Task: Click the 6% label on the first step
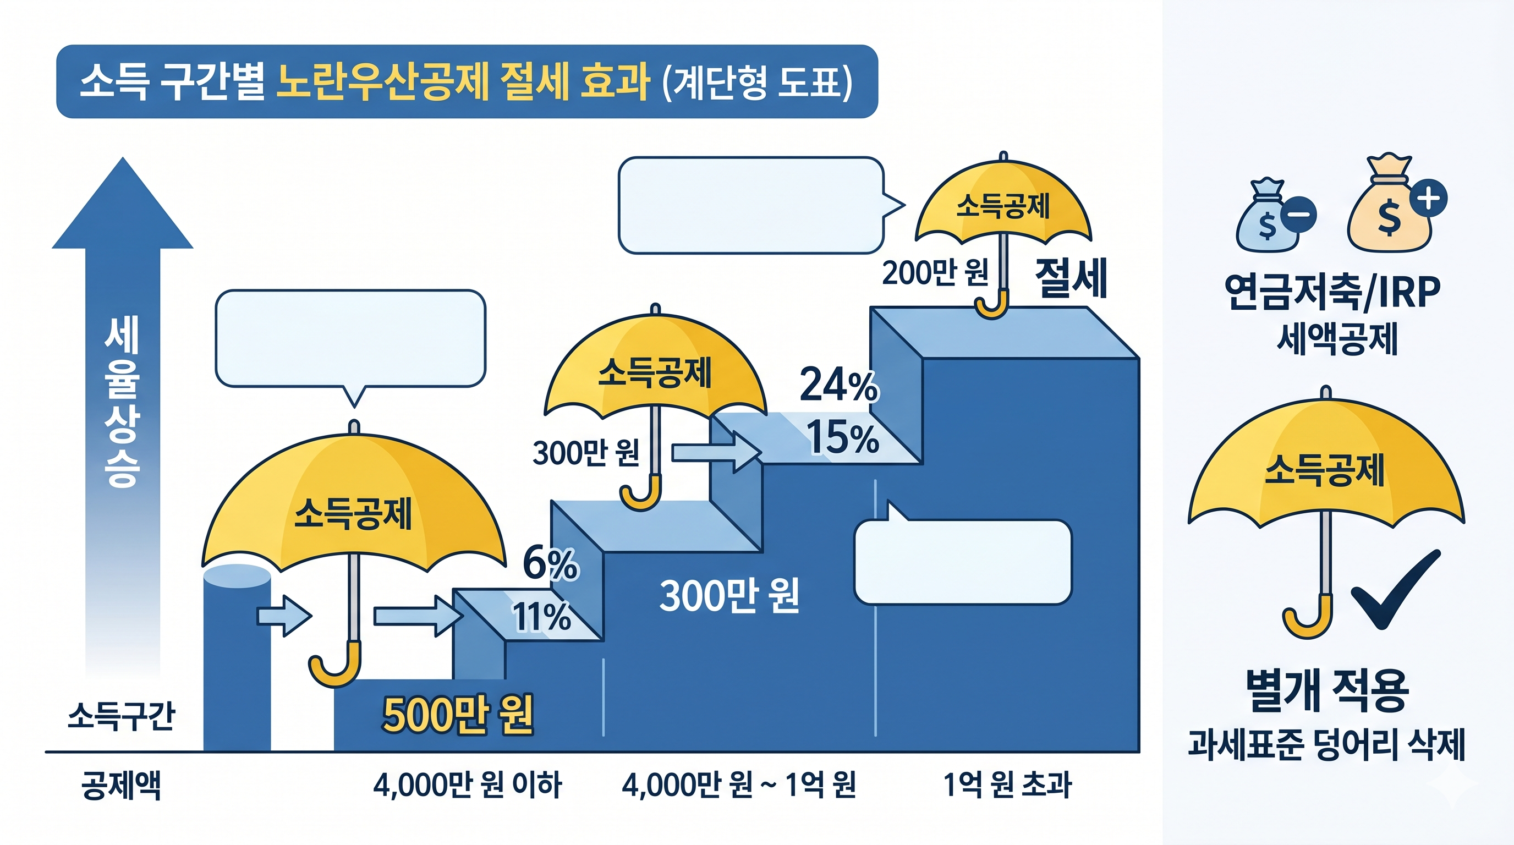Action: click(550, 563)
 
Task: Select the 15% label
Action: click(842, 438)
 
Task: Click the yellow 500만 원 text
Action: click(457, 715)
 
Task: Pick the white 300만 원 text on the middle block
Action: click(729, 596)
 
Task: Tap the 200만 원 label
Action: click(935, 273)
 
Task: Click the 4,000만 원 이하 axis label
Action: click(467, 785)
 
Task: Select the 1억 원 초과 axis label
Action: click(1007, 785)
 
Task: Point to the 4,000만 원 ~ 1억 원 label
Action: click(739, 785)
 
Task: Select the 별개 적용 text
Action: click(1326, 691)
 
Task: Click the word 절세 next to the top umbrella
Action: click(1070, 277)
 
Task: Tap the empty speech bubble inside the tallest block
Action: click(962, 561)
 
